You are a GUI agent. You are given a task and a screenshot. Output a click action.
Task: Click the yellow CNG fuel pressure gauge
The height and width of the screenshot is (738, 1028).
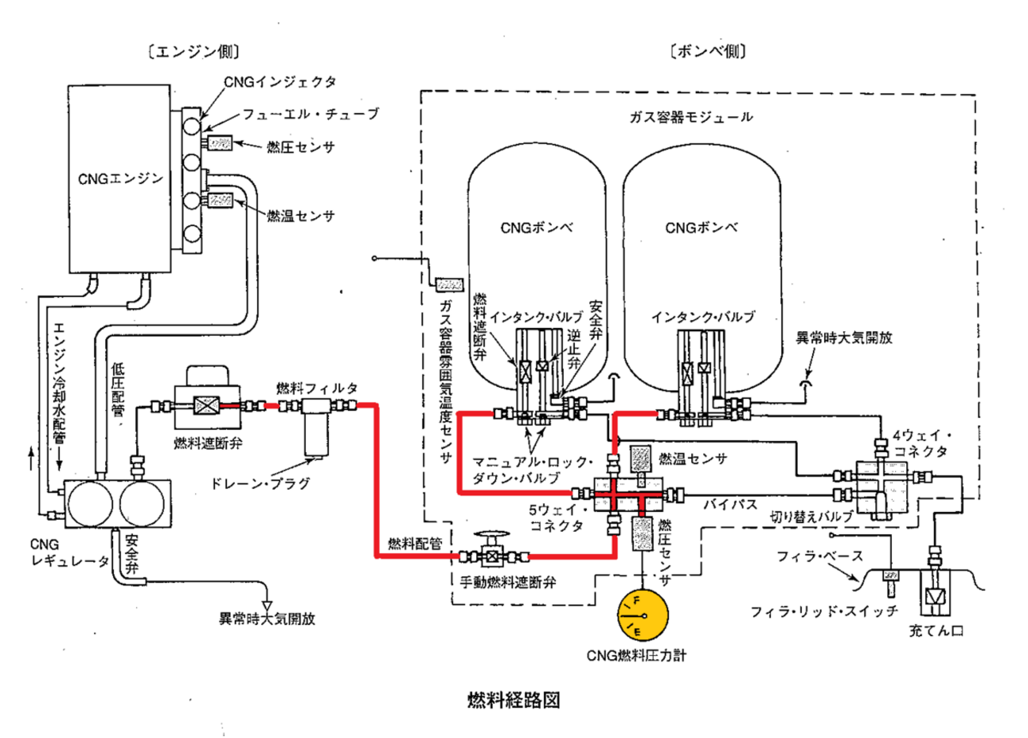point(642,616)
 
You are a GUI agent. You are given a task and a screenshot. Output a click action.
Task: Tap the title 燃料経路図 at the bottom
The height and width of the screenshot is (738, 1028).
point(514,700)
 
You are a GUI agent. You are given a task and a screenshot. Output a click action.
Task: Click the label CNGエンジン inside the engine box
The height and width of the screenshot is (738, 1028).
point(121,179)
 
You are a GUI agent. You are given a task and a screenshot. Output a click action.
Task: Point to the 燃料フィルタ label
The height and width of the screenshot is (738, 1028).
point(316,389)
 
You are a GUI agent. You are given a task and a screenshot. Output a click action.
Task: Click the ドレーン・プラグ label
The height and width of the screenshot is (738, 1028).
point(260,484)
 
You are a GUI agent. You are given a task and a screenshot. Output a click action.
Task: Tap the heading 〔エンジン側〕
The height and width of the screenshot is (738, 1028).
point(194,52)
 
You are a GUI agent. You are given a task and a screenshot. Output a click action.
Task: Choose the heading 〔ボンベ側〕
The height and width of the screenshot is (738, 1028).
point(708,51)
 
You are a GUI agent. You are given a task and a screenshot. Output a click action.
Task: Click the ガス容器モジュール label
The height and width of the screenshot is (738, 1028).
point(691,118)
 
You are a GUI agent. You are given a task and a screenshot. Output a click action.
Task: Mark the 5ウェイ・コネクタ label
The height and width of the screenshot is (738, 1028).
point(556,518)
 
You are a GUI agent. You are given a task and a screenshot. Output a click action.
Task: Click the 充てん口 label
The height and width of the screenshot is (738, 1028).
point(936,631)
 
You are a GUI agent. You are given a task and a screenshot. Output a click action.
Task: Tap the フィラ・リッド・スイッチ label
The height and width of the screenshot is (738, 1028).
point(824,612)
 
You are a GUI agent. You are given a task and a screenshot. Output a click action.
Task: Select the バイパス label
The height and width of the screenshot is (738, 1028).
point(731,505)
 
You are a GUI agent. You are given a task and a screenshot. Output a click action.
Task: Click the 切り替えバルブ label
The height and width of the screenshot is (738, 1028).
point(811,517)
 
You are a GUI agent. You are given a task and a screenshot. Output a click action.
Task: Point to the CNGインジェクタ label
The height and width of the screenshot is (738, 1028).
point(280,82)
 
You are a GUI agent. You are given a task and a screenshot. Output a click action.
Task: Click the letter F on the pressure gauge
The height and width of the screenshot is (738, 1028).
point(637,600)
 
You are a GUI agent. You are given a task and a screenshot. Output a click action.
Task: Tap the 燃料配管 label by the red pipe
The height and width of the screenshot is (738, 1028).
point(415,544)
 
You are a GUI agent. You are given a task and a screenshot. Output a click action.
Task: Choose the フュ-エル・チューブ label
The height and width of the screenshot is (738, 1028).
point(311,114)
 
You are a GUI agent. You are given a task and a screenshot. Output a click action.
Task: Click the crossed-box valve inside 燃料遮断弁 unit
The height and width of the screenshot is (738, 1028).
point(206,405)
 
